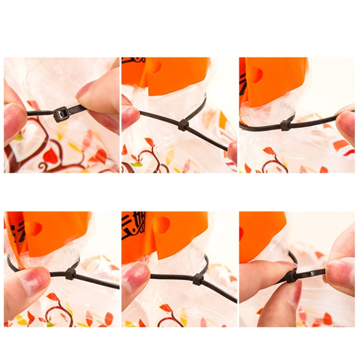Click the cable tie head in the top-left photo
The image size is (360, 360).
coord(61,114)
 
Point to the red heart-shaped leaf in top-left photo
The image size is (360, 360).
coord(50,156)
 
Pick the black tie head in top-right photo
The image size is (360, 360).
coord(286,125)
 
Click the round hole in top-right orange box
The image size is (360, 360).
coord(256,75)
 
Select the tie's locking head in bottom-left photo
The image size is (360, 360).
coord(70,274)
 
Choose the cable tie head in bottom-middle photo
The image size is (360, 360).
coord(197,278)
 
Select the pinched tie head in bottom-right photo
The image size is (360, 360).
coord(291,276)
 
